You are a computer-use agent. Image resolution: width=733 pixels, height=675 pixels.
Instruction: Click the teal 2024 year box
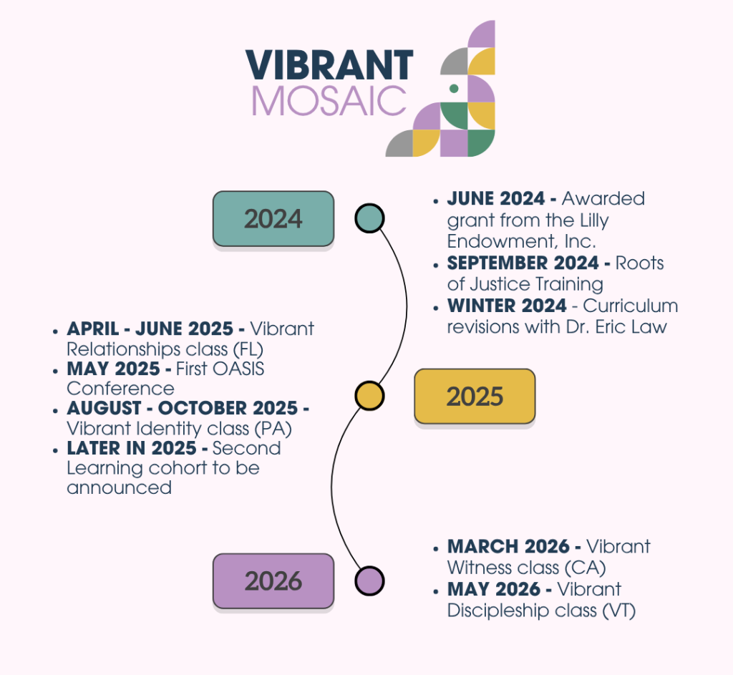point(273,219)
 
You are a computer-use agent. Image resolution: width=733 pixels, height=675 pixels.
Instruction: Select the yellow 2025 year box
point(475,397)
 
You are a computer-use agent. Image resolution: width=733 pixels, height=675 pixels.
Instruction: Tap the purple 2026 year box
point(273,581)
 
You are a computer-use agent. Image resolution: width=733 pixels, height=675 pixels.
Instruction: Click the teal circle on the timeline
point(369,218)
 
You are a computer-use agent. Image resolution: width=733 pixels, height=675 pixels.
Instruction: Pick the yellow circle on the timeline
point(369,396)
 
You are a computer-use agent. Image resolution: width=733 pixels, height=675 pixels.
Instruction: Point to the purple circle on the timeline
point(369,581)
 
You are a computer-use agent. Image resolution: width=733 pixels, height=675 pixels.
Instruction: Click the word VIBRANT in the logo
point(329,65)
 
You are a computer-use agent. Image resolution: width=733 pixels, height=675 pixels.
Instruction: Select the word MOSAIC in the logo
point(329,100)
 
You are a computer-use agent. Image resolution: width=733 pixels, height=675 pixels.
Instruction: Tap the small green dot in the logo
point(453,88)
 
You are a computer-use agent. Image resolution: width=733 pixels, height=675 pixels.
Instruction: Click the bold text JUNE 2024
point(496,199)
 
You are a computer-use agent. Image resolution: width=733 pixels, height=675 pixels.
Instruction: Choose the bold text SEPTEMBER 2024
point(523,263)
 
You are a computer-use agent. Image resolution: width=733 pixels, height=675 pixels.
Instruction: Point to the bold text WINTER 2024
point(507,306)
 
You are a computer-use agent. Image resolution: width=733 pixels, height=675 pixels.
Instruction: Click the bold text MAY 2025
point(114,369)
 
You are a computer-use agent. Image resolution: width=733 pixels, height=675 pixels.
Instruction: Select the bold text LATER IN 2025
point(132,448)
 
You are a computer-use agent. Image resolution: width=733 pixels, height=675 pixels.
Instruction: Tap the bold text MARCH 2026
point(508,546)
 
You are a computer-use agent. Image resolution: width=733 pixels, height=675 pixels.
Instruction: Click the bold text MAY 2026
point(494,589)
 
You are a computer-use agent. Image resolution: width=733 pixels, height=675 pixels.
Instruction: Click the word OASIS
point(238,369)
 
